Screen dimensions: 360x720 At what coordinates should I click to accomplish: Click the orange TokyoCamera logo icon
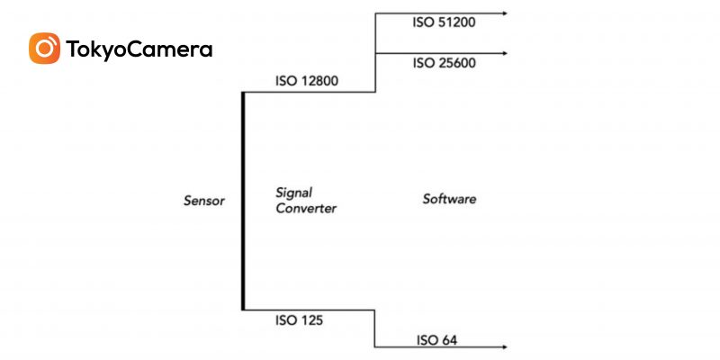click(44, 49)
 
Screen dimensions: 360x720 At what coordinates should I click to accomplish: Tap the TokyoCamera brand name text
click(139, 49)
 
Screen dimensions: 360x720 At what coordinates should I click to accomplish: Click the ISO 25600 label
click(444, 63)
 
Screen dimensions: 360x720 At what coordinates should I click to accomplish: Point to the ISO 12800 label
click(307, 81)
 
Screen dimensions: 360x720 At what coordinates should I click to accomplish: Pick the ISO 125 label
click(300, 319)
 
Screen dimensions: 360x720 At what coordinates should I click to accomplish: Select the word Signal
click(292, 192)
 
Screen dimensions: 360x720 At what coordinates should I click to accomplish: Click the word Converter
click(306, 208)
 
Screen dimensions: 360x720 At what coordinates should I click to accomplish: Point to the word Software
click(449, 199)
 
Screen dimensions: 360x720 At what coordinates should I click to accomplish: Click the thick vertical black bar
click(243, 200)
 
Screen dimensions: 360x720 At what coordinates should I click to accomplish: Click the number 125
click(311, 319)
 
